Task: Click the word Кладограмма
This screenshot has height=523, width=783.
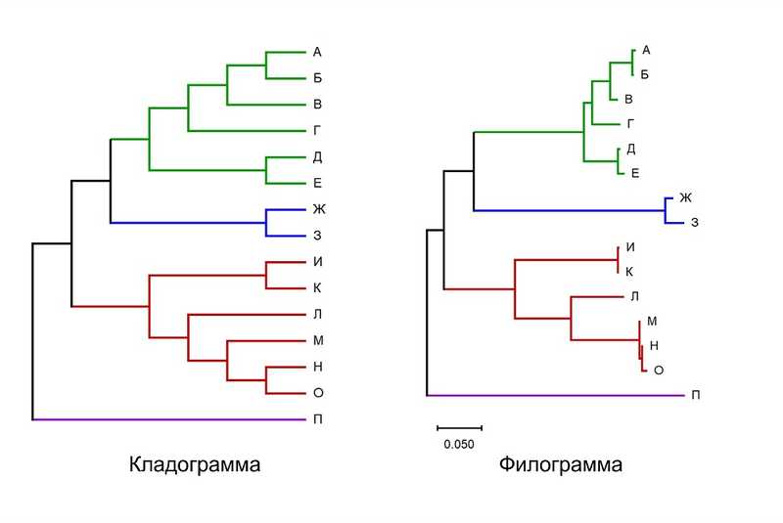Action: tap(195, 464)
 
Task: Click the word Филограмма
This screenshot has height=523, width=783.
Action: tap(560, 464)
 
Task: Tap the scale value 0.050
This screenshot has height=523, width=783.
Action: tap(459, 444)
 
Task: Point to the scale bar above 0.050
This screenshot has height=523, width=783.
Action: tap(459, 428)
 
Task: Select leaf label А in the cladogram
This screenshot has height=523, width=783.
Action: tap(317, 52)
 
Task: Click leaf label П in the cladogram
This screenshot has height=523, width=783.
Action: tap(317, 419)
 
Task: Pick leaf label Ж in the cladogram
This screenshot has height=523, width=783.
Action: tap(319, 209)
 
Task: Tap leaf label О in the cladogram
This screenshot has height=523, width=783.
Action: tap(318, 393)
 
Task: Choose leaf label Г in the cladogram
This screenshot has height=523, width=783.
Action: tap(316, 131)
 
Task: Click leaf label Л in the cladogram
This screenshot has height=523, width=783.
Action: tap(317, 314)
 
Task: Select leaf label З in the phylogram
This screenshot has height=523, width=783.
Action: tap(695, 222)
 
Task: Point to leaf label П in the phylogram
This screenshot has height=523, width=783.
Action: tap(696, 395)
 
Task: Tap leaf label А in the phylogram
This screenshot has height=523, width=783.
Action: tap(646, 50)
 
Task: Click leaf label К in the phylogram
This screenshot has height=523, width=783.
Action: tap(629, 272)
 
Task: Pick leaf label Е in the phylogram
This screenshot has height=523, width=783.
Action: tap(635, 173)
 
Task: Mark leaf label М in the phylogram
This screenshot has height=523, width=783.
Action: tap(652, 321)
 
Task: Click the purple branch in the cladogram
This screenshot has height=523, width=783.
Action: tap(169, 419)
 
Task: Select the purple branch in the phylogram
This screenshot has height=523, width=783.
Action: tap(556, 395)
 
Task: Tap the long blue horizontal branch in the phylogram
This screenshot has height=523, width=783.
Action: tap(570, 210)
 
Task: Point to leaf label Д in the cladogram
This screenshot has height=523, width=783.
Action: tap(317, 157)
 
